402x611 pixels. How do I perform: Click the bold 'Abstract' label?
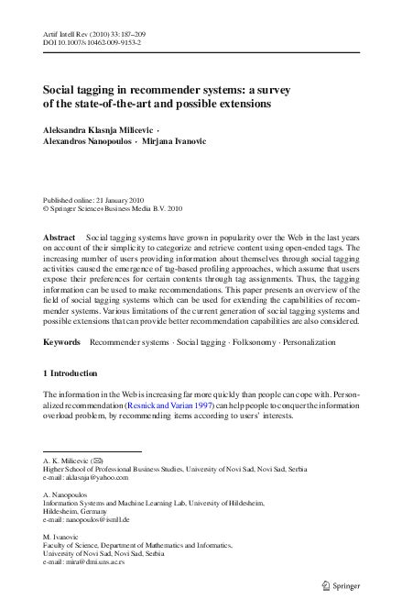[60, 237]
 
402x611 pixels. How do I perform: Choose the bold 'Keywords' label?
[61, 341]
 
